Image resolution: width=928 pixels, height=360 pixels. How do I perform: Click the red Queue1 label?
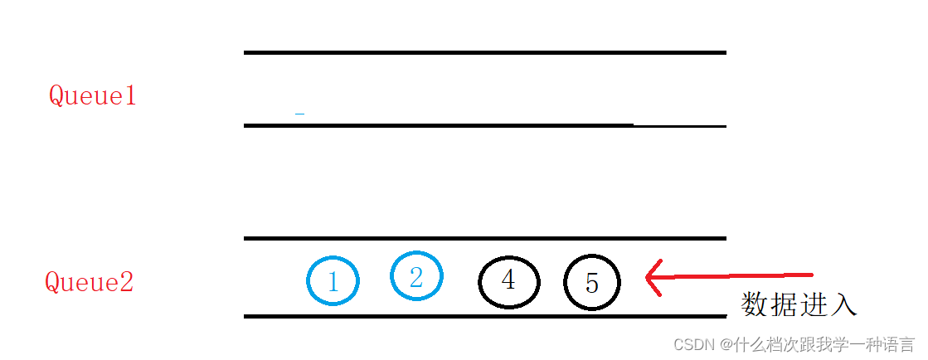tap(91, 96)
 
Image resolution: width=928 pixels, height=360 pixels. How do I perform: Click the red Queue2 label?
tap(89, 283)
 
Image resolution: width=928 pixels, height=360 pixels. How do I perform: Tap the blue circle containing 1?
tap(333, 280)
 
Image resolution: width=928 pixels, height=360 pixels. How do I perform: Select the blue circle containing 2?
tap(416, 275)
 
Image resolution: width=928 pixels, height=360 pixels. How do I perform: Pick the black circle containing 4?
tap(509, 281)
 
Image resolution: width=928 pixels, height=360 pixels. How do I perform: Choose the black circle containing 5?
tap(592, 283)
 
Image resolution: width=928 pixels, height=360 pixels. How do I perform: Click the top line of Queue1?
tap(484, 52)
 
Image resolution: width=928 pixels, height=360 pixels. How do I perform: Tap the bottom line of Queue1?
tap(484, 125)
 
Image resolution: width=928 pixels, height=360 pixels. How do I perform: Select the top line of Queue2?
tap(484, 239)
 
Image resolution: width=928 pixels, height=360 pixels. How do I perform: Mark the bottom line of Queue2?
tap(484, 316)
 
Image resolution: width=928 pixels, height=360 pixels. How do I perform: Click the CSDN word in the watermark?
tap(694, 344)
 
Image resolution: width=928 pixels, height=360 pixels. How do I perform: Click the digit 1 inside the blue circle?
tap(333, 283)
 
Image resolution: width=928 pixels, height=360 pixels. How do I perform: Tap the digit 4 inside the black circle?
tap(508, 280)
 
